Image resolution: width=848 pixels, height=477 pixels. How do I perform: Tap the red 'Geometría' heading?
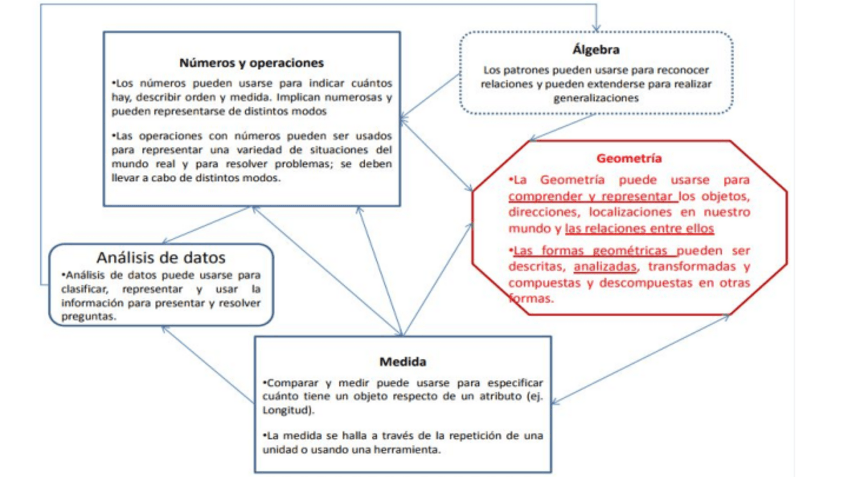(x=629, y=158)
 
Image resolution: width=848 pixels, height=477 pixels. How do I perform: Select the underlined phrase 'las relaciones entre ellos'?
(x=639, y=229)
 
